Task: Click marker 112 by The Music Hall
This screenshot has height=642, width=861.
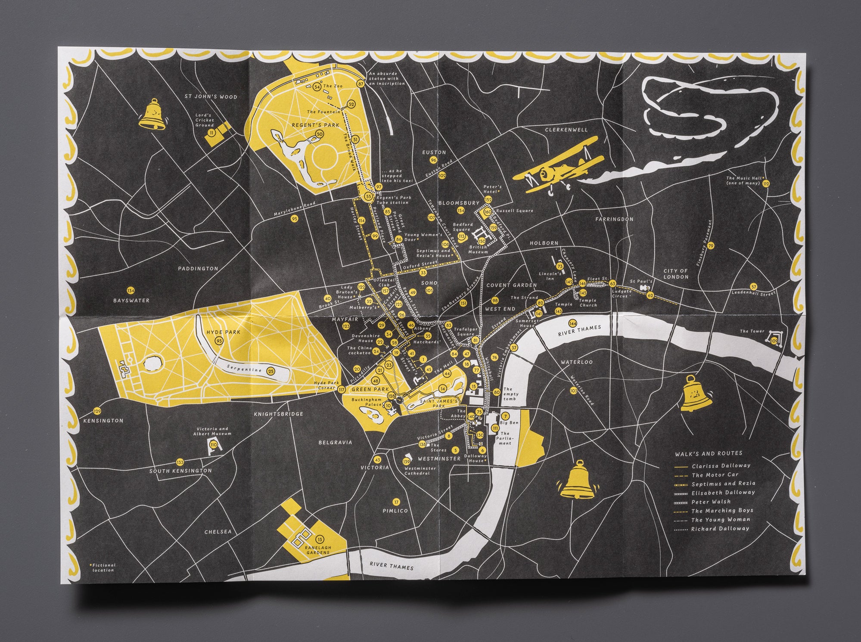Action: tap(765, 183)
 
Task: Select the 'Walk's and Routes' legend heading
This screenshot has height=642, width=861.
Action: tap(709, 453)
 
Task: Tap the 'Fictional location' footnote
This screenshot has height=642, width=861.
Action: tap(103, 568)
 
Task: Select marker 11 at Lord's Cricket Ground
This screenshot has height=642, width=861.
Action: tap(211, 133)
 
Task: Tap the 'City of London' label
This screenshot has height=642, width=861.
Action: tap(676, 273)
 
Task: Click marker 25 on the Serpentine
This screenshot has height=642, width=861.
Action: tap(270, 370)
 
